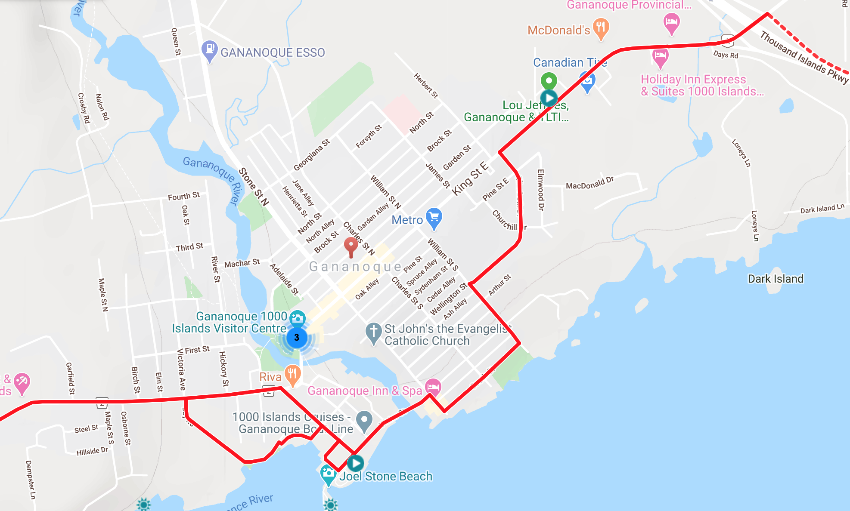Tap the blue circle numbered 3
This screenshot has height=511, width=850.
[297, 338]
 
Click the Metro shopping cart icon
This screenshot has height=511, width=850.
[434, 218]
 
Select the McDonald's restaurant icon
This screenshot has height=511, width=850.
[601, 28]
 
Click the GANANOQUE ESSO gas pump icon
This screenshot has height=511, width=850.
[209, 50]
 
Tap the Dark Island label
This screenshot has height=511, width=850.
[776, 279]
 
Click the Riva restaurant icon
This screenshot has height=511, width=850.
[292, 375]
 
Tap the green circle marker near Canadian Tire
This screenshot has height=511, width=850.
[549, 80]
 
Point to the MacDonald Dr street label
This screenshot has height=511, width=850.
[589, 183]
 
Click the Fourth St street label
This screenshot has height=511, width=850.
[184, 196]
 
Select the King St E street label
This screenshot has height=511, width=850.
[470, 179]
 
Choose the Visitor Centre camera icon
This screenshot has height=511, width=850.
[297, 319]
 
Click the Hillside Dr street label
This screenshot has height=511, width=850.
[92, 451]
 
